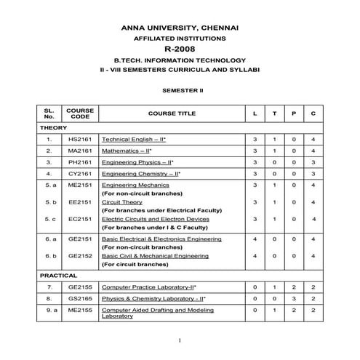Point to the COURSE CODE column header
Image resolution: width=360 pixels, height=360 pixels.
(79, 114)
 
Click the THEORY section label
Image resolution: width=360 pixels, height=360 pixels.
(55, 127)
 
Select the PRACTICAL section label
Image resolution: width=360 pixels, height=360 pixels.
(59, 277)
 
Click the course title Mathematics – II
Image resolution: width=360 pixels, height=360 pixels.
(131, 150)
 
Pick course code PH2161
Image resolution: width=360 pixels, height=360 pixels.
(79, 162)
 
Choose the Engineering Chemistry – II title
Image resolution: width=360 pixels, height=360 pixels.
(141, 175)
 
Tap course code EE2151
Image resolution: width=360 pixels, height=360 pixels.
(79, 202)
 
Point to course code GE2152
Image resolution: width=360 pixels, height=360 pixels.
(79, 256)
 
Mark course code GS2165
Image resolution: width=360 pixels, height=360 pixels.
(79, 298)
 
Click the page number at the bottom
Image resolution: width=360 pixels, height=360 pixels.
(179, 340)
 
